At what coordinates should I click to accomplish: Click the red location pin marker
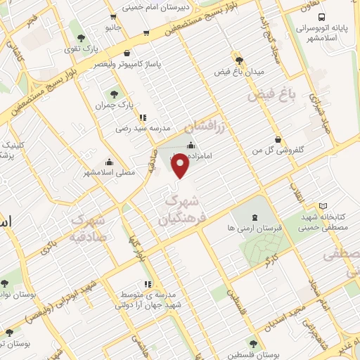point(181,166)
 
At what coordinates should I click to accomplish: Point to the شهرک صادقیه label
point(91,227)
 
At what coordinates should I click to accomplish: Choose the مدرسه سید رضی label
point(144,129)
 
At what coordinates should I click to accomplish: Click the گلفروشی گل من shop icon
point(278,139)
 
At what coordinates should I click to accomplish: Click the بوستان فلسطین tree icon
point(253,345)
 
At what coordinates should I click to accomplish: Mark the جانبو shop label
point(114,27)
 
